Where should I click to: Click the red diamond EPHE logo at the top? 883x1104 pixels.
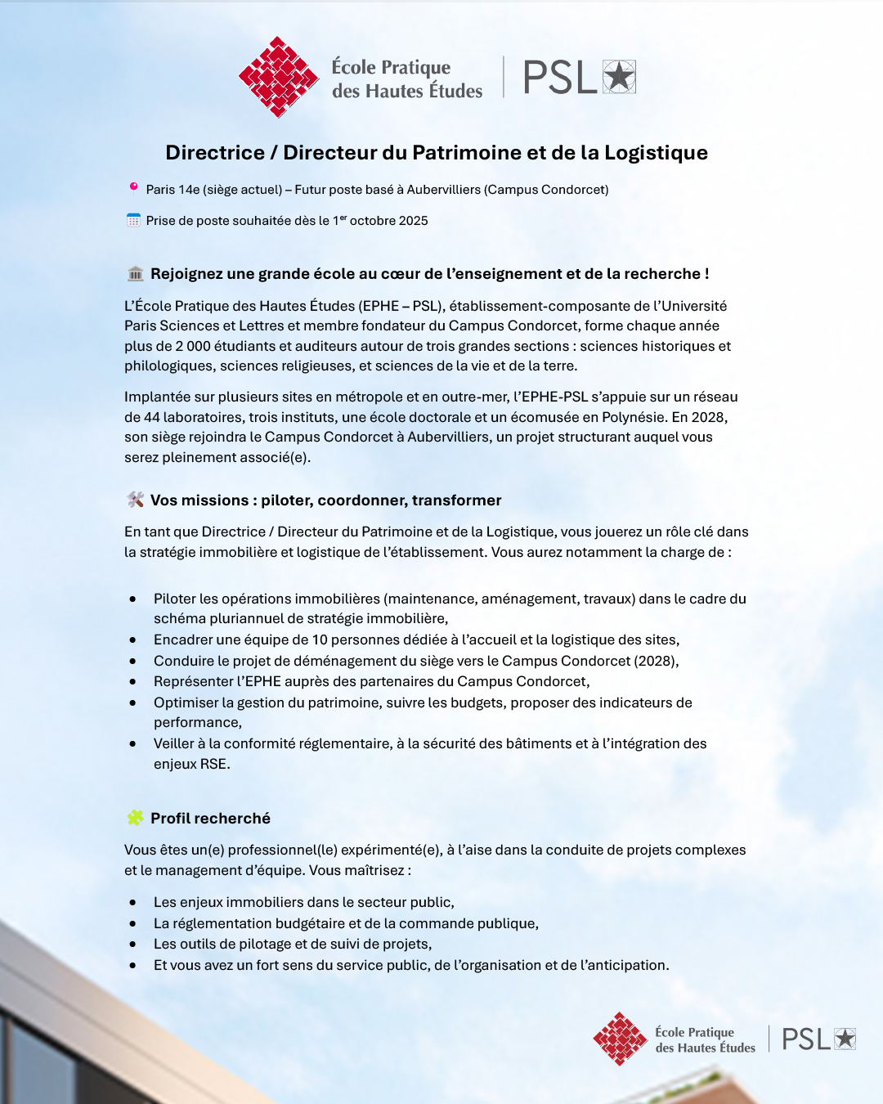(x=278, y=77)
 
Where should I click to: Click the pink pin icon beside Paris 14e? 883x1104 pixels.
(x=133, y=188)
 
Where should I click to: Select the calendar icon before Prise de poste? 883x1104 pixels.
(x=133, y=220)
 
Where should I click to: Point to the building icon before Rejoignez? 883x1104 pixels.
(x=136, y=273)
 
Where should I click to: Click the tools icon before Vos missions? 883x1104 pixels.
(x=136, y=500)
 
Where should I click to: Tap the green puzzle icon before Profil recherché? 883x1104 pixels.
(x=136, y=818)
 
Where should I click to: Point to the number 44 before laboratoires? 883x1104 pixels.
(x=152, y=417)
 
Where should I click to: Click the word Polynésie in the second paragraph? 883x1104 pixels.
(x=633, y=417)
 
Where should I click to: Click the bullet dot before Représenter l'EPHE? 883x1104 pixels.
(x=132, y=682)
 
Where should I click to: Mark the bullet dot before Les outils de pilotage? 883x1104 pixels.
(x=132, y=945)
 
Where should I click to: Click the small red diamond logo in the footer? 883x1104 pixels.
(x=621, y=1039)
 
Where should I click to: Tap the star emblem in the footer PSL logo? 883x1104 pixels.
(x=845, y=1039)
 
